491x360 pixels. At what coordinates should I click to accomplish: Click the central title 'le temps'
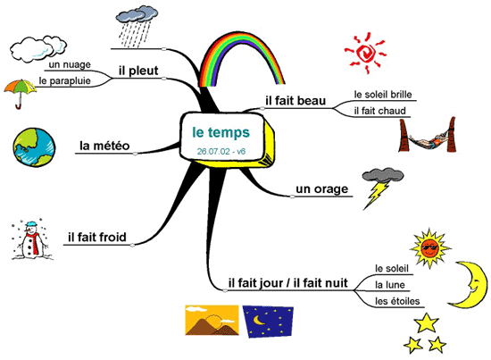coord(221,132)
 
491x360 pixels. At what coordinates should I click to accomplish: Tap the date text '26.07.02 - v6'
coord(221,151)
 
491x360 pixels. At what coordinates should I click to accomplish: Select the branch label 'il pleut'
coord(138,71)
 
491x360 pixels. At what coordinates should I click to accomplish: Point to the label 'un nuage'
coord(70,65)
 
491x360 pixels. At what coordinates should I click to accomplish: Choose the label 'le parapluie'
coord(64,80)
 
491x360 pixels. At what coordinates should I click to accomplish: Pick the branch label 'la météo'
coord(104,146)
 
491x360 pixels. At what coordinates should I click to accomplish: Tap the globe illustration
coord(35,147)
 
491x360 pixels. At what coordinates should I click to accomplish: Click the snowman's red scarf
coord(34,242)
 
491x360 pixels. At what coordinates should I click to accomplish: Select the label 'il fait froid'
coord(97,238)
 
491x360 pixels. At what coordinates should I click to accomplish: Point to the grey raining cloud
coord(137,26)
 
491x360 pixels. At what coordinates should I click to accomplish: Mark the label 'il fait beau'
coord(295,101)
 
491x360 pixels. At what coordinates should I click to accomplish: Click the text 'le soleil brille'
coord(383,95)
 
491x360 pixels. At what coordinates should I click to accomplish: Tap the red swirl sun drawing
coord(365,54)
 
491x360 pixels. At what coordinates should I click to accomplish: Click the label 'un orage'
coord(322,189)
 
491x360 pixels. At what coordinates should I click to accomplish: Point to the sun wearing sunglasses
coord(430,247)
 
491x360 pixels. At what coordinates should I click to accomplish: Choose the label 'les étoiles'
coord(397,301)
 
